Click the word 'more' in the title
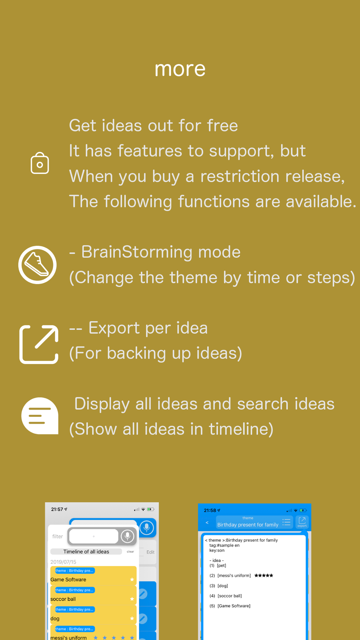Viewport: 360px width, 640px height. point(180,69)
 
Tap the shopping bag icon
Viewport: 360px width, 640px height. point(40,163)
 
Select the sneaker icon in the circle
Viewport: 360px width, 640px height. point(37,265)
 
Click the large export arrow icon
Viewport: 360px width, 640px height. point(39,344)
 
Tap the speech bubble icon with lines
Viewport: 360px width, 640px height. point(40,416)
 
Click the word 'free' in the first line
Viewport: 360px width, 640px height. point(222,126)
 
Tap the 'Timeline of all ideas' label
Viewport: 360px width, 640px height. point(86,551)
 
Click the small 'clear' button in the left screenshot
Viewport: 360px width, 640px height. point(130,551)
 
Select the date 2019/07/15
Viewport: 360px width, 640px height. point(63,562)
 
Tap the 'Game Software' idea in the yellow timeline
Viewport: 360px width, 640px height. point(68,580)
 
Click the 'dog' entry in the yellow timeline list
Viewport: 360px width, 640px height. point(55,618)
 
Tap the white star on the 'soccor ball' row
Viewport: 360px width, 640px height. point(132,599)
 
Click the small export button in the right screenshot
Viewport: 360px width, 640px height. point(302,522)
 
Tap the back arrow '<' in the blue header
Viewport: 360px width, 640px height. point(207,522)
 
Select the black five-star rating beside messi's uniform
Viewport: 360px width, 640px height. point(264,576)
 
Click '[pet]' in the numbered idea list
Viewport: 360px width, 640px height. point(222,565)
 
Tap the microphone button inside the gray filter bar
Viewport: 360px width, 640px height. point(127,536)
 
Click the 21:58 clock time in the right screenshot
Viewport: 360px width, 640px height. point(210,510)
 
